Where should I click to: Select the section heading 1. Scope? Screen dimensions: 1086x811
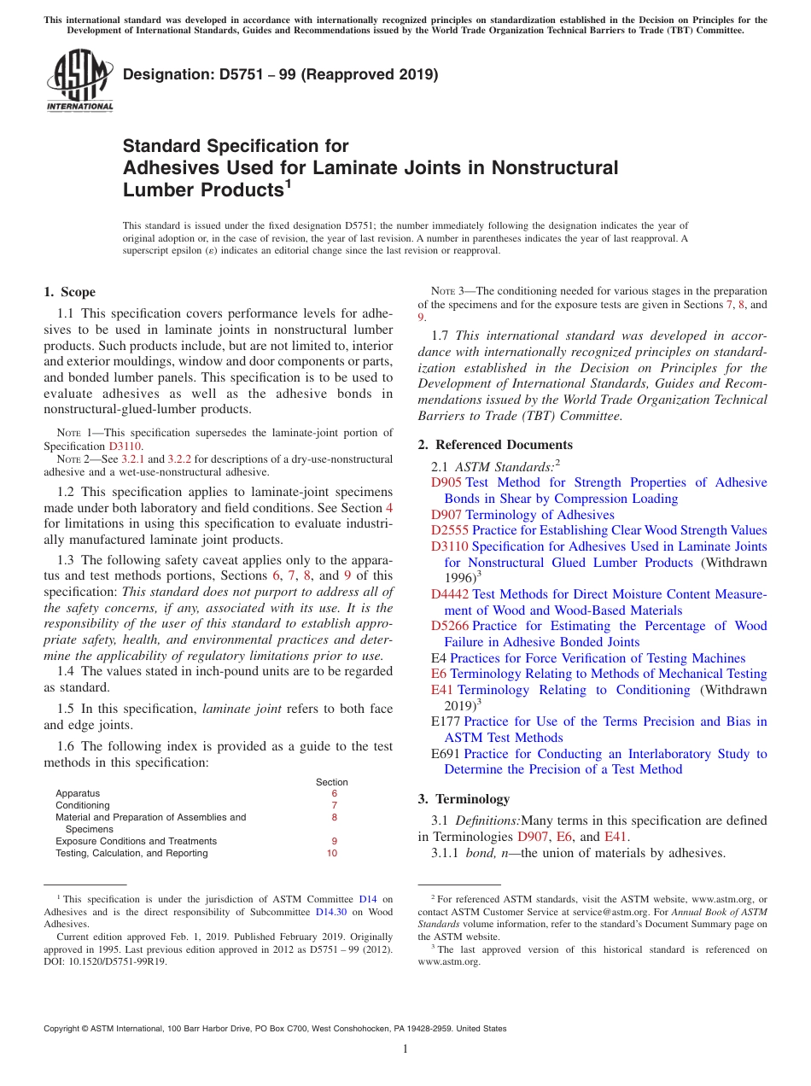(x=69, y=292)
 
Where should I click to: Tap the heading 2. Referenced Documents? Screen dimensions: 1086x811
(x=495, y=445)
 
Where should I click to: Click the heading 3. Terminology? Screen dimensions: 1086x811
(x=464, y=799)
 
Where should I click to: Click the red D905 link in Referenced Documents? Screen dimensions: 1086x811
(x=446, y=482)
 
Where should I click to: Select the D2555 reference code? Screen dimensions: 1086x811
(x=449, y=530)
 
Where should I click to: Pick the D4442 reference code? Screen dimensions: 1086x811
(x=449, y=594)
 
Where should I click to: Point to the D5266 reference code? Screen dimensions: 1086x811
(x=449, y=626)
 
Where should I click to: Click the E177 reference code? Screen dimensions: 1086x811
(x=446, y=721)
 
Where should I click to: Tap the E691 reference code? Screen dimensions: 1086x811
(x=446, y=754)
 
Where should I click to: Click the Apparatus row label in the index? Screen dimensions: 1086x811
(x=78, y=793)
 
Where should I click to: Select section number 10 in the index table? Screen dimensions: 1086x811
(x=332, y=853)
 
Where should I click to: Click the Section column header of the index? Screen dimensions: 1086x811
(x=332, y=782)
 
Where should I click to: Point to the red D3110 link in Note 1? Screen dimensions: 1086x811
(x=125, y=446)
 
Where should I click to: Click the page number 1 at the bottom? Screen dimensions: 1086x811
(x=405, y=1049)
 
